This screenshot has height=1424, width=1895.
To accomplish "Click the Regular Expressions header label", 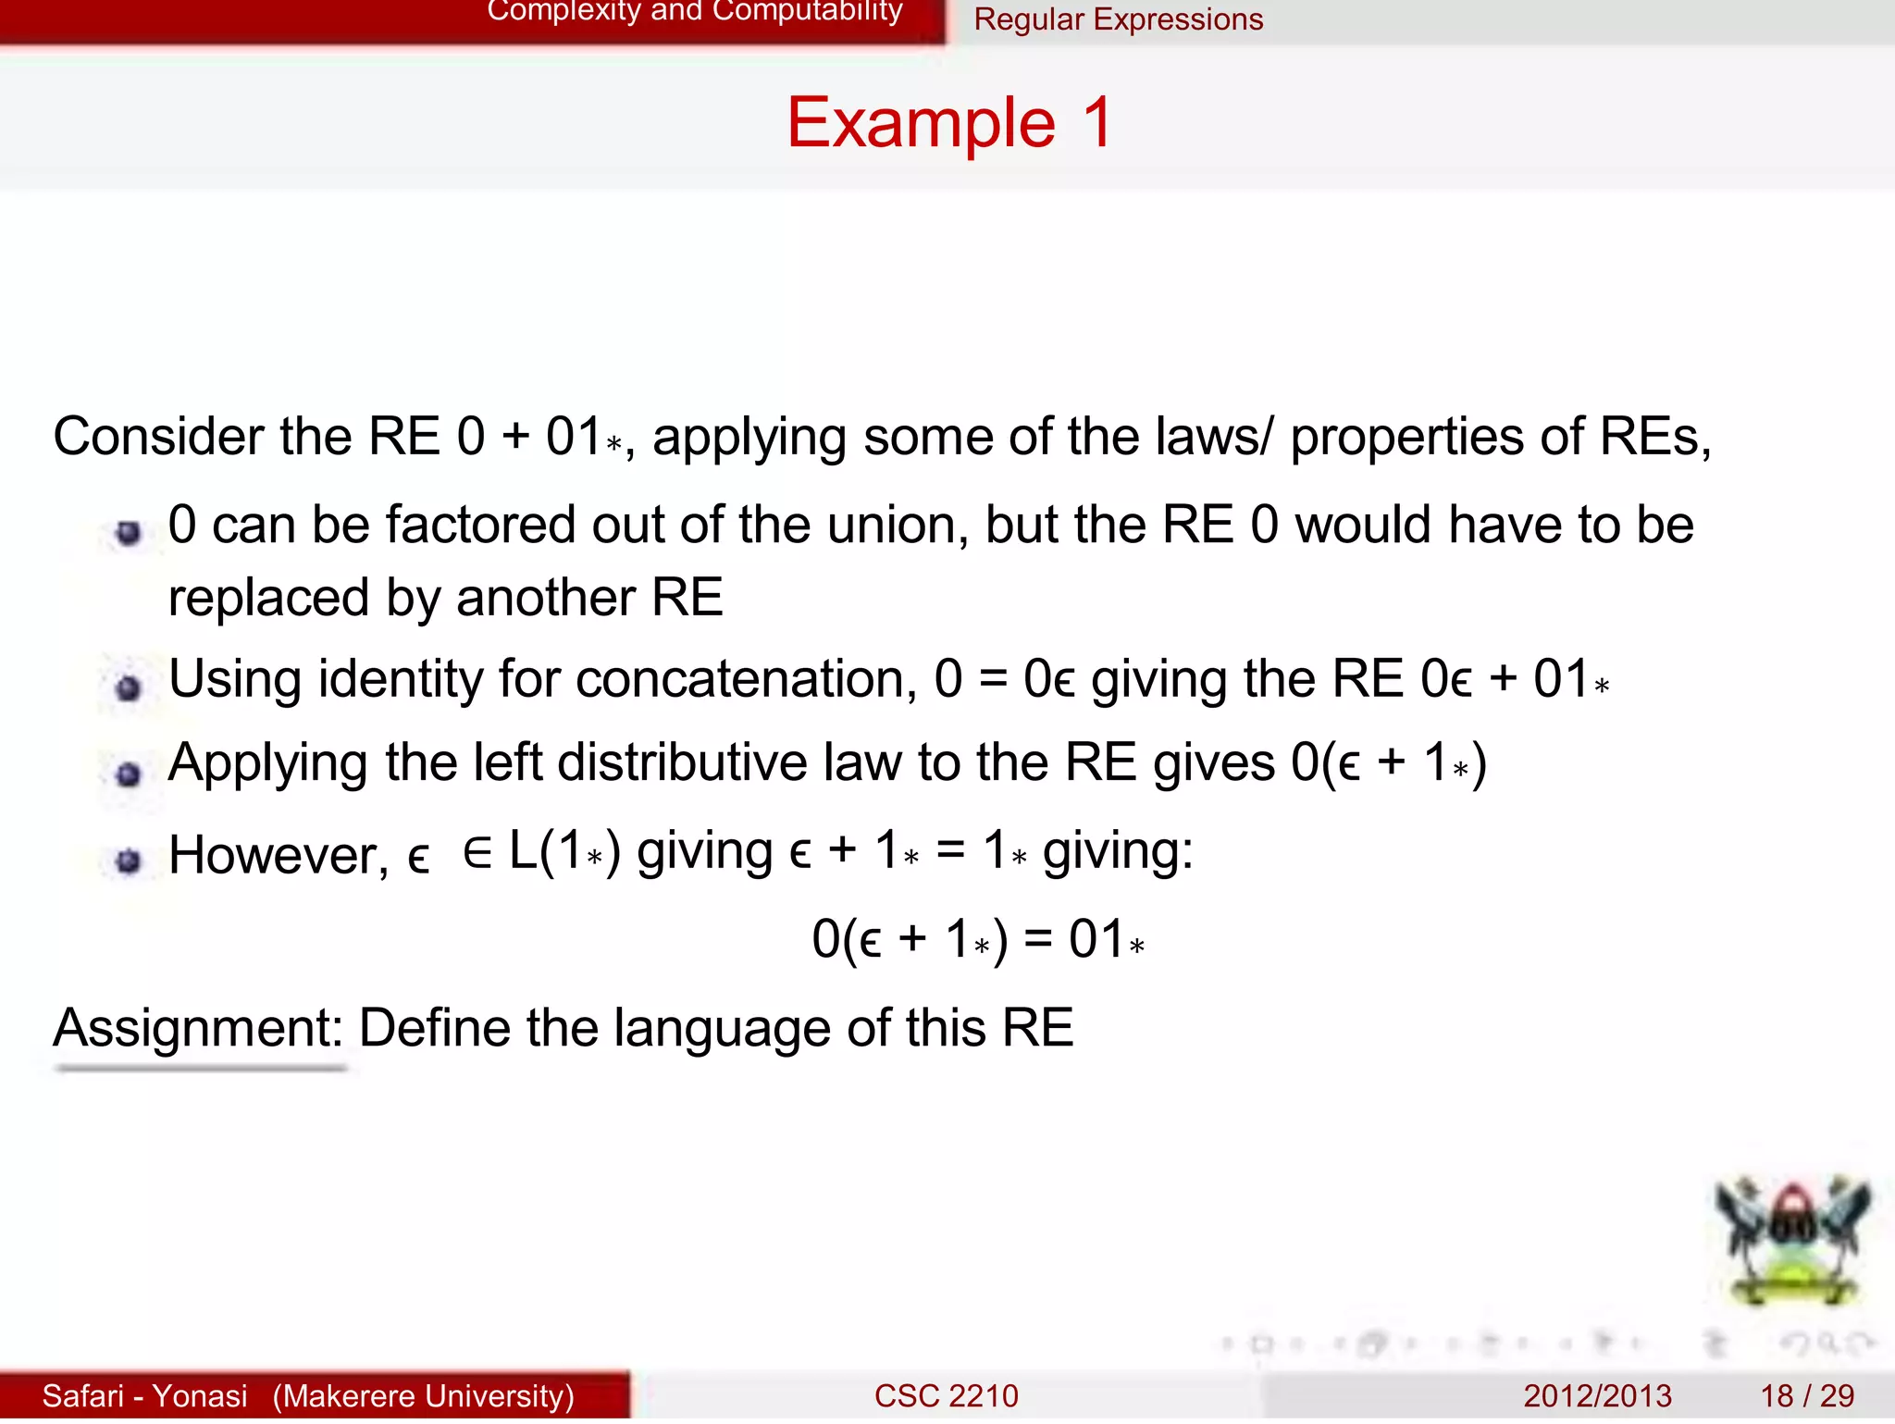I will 1118,19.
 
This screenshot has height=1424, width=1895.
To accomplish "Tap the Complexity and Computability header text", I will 694,11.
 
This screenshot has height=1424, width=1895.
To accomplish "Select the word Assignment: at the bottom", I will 198,1028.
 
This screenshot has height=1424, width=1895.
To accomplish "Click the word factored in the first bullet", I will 478,526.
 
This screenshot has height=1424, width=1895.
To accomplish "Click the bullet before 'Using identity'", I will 129,688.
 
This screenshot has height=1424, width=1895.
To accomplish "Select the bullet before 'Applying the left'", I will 129,774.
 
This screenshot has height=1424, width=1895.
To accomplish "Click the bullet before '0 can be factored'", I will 129,533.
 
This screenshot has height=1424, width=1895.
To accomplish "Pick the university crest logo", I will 1792,1241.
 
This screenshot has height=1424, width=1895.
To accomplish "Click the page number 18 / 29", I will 1806,1395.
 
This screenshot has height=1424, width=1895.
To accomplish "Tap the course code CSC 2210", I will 946,1395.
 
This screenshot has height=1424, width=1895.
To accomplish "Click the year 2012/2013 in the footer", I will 1597,1395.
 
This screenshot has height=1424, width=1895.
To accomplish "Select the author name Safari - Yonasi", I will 145,1395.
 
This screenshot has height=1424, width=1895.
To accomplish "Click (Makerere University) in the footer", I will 423,1395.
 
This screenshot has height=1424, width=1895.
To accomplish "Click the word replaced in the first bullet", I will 267,599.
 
